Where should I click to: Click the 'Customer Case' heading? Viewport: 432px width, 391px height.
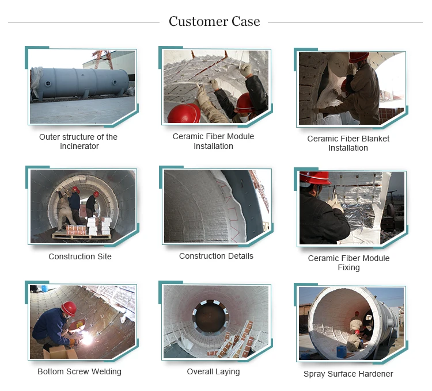pos(214,22)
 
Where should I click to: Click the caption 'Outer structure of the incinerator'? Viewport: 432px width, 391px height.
pos(78,141)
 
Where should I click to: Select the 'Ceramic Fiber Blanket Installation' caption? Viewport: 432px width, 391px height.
pos(348,143)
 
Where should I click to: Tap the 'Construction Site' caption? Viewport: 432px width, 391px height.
pos(80,256)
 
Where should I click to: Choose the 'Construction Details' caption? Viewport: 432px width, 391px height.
pos(216,256)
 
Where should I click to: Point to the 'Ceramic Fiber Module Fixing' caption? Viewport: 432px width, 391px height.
pos(348,263)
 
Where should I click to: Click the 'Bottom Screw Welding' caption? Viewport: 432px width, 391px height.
pos(79,371)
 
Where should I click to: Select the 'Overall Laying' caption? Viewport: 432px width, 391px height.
pos(213,371)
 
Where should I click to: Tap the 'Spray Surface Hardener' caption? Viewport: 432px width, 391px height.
pos(348,374)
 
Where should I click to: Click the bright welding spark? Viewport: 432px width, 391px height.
pos(88,339)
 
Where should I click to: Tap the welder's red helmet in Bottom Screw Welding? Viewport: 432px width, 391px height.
pos(69,308)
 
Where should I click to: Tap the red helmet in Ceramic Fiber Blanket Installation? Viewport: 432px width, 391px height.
pos(358,57)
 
